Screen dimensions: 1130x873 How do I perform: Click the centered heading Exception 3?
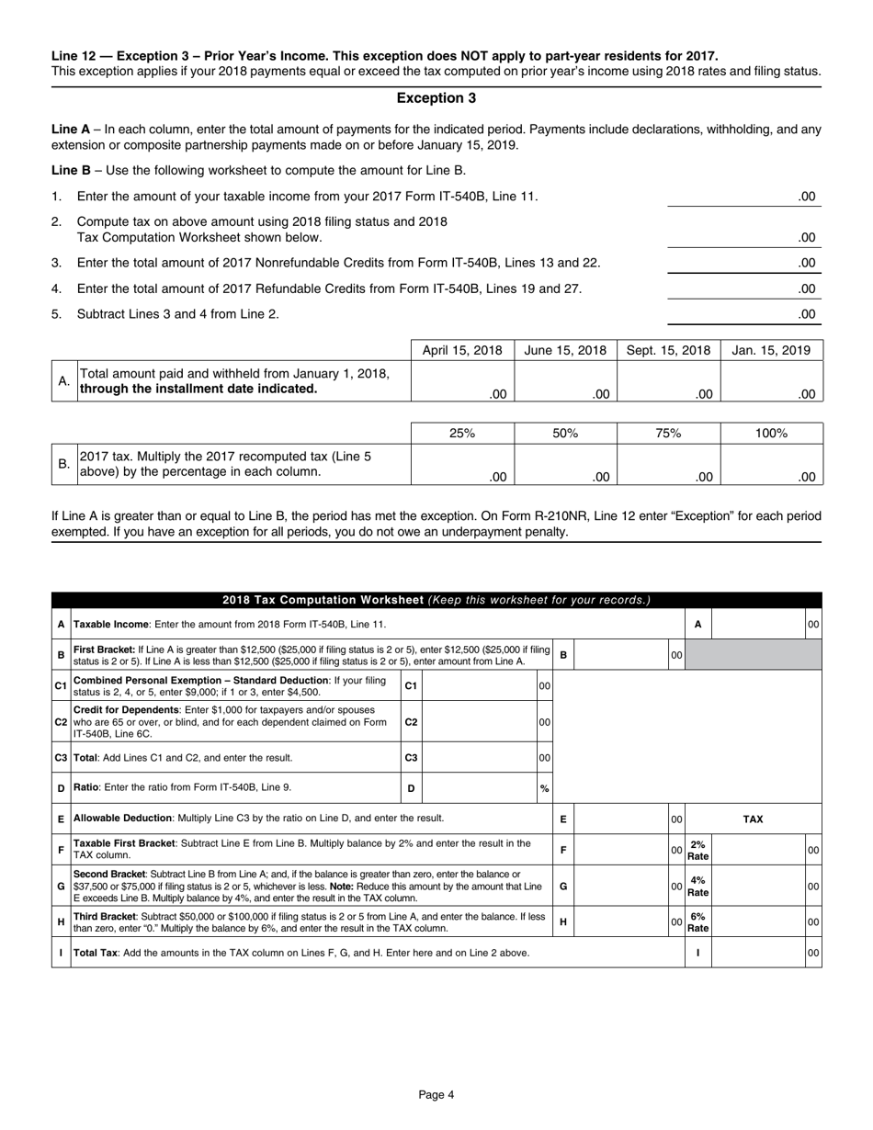click(x=436, y=98)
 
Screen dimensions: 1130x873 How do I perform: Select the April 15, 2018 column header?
click(x=462, y=350)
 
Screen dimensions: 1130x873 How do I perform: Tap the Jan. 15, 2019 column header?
click(x=772, y=350)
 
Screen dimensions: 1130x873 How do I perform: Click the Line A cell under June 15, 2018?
click(x=565, y=381)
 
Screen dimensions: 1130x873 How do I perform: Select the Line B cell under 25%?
click(x=462, y=464)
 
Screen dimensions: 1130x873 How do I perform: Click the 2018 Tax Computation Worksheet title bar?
click(x=436, y=601)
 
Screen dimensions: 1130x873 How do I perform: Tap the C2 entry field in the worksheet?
click(x=478, y=722)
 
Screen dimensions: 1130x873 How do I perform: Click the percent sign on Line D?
click(x=544, y=788)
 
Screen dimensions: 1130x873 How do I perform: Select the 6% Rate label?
click(x=698, y=921)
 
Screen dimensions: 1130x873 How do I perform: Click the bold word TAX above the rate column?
click(x=753, y=819)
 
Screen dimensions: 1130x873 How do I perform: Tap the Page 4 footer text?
click(x=436, y=1094)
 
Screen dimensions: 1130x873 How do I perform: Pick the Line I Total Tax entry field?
click(x=758, y=953)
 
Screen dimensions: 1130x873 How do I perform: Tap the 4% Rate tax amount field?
click(x=758, y=887)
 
